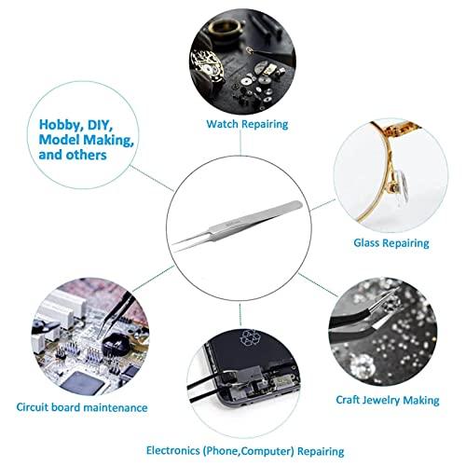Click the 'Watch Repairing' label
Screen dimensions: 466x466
(247, 124)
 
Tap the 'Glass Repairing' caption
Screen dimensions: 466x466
(391, 242)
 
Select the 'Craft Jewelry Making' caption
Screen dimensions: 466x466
(388, 400)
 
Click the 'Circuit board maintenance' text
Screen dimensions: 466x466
(82, 407)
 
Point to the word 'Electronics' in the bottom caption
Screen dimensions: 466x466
(173, 450)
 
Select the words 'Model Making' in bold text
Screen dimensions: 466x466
(86, 140)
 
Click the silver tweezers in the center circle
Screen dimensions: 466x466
(237, 226)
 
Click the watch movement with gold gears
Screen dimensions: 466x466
(207, 66)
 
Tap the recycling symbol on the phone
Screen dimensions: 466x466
(248, 337)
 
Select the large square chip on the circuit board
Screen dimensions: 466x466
(82, 383)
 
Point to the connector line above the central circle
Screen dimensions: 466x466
(240, 144)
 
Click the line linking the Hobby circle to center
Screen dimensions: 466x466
(152, 178)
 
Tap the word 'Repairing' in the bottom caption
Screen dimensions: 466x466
(321, 451)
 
